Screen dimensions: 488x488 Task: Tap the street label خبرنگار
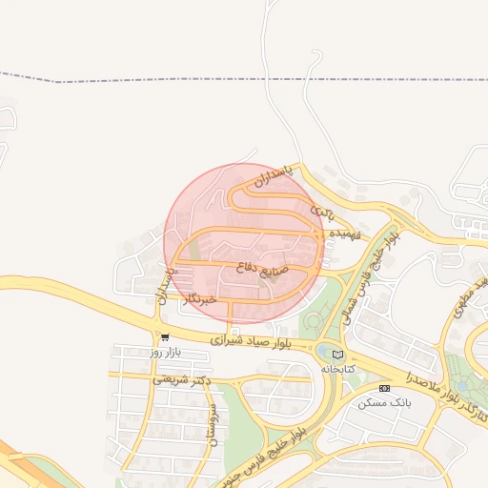tap(198, 298)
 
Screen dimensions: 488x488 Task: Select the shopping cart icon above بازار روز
tap(166, 336)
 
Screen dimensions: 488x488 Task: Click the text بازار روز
tap(165, 352)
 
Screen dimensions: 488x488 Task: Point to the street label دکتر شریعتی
tap(181, 379)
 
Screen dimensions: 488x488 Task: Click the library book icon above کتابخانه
tap(337, 355)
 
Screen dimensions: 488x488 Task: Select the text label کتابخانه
tap(337, 368)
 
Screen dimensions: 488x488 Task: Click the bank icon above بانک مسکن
tap(384, 388)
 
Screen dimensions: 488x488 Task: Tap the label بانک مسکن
tap(384, 402)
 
